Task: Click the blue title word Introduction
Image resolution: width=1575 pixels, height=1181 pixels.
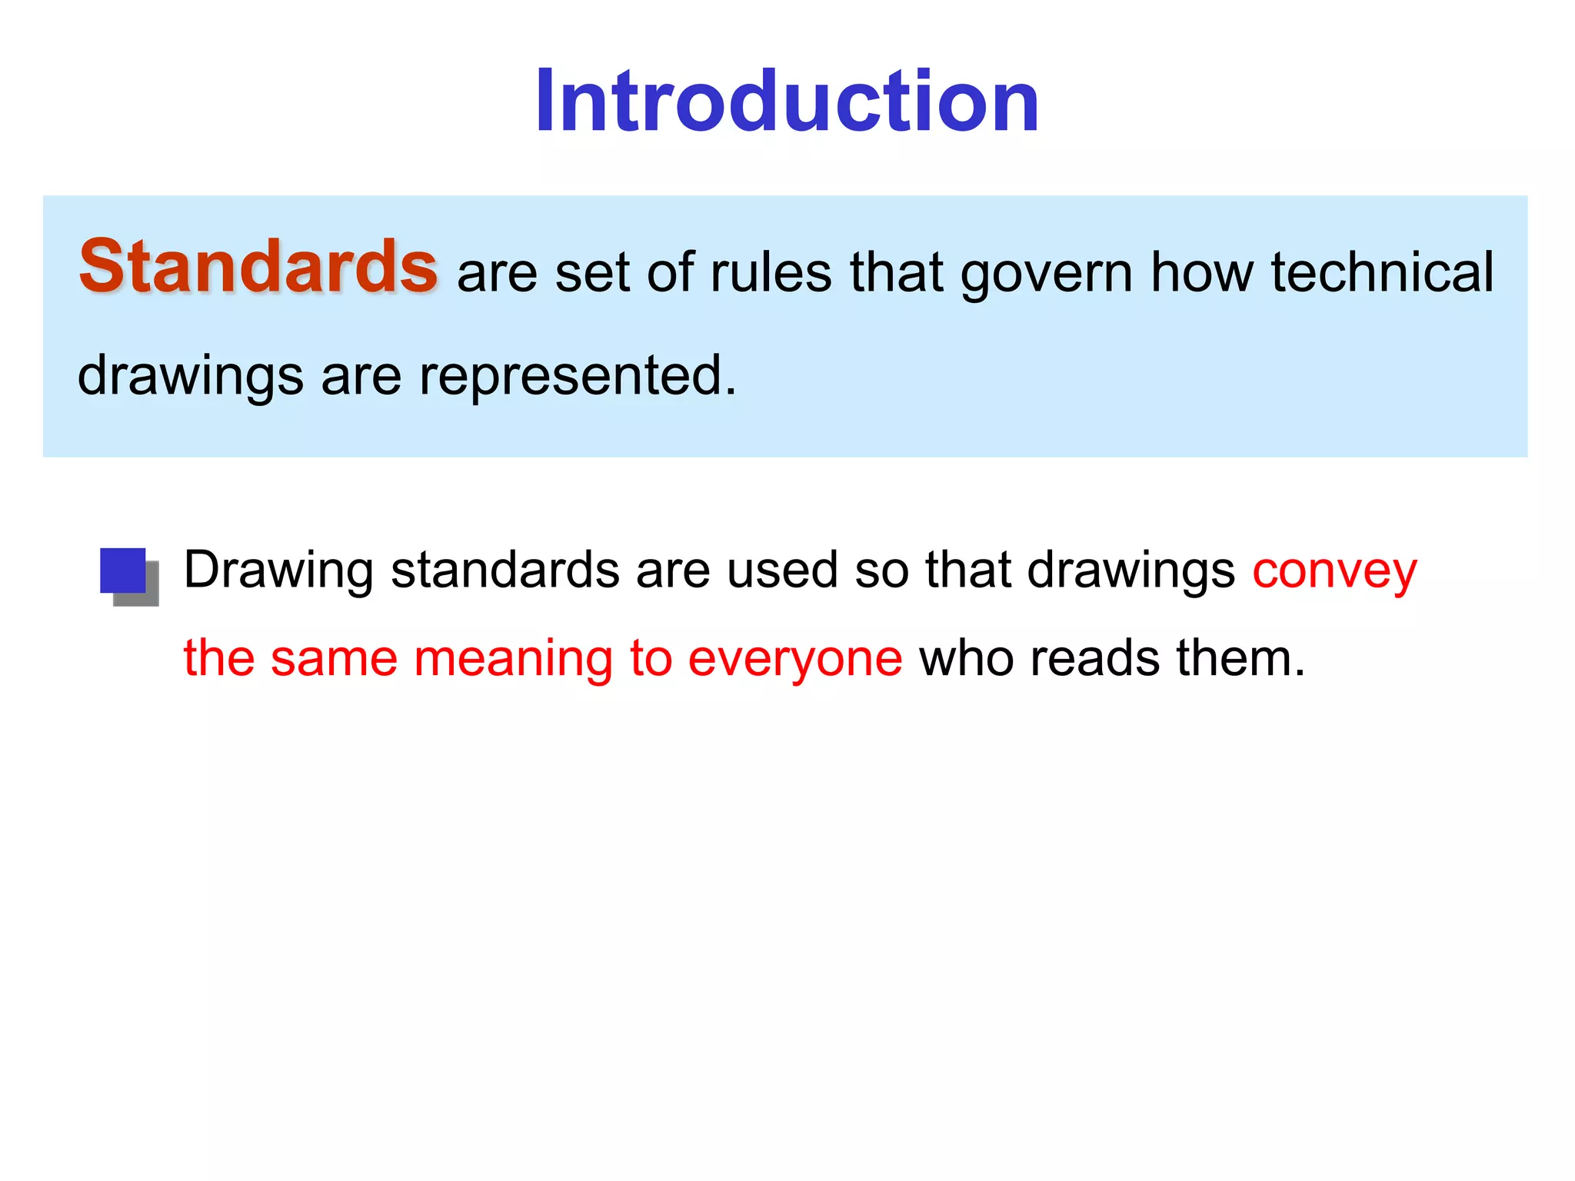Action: (x=787, y=101)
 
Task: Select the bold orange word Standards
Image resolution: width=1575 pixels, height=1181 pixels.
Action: (x=258, y=267)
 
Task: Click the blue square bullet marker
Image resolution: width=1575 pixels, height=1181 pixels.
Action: (x=124, y=571)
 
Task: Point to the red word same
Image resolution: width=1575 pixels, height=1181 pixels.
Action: (x=335, y=660)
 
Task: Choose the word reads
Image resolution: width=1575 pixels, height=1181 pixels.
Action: (x=1094, y=659)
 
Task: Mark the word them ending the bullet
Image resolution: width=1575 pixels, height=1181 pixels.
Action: (x=1240, y=659)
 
